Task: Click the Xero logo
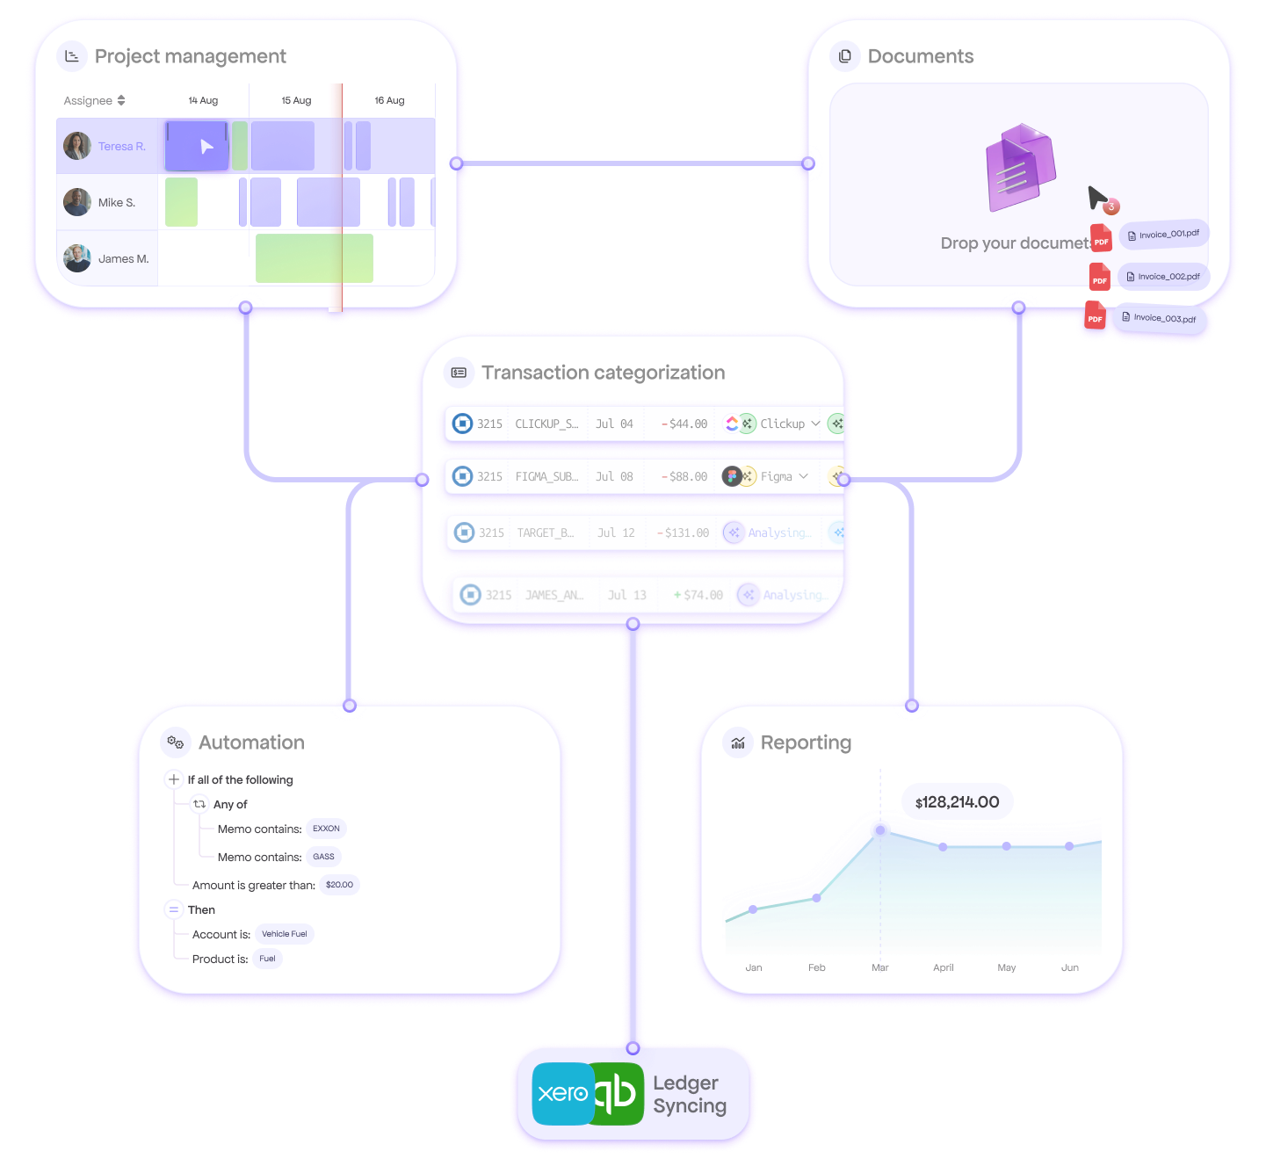point(562,1093)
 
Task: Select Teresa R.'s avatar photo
point(77,146)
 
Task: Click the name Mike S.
point(117,203)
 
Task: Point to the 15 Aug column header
point(296,100)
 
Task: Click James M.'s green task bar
point(314,258)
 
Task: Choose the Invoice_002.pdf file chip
point(1164,277)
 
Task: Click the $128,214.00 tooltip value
point(958,802)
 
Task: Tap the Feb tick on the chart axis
point(817,967)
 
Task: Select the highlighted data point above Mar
point(880,830)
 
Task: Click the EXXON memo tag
point(326,829)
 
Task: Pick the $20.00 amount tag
point(339,885)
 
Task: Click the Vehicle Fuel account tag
point(285,934)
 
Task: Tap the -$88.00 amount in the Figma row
point(684,476)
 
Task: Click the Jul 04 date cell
point(614,424)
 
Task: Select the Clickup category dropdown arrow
point(815,424)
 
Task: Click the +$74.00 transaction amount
point(698,595)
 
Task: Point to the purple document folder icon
point(1020,167)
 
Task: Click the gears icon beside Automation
point(176,742)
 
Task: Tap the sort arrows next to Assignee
point(121,100)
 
